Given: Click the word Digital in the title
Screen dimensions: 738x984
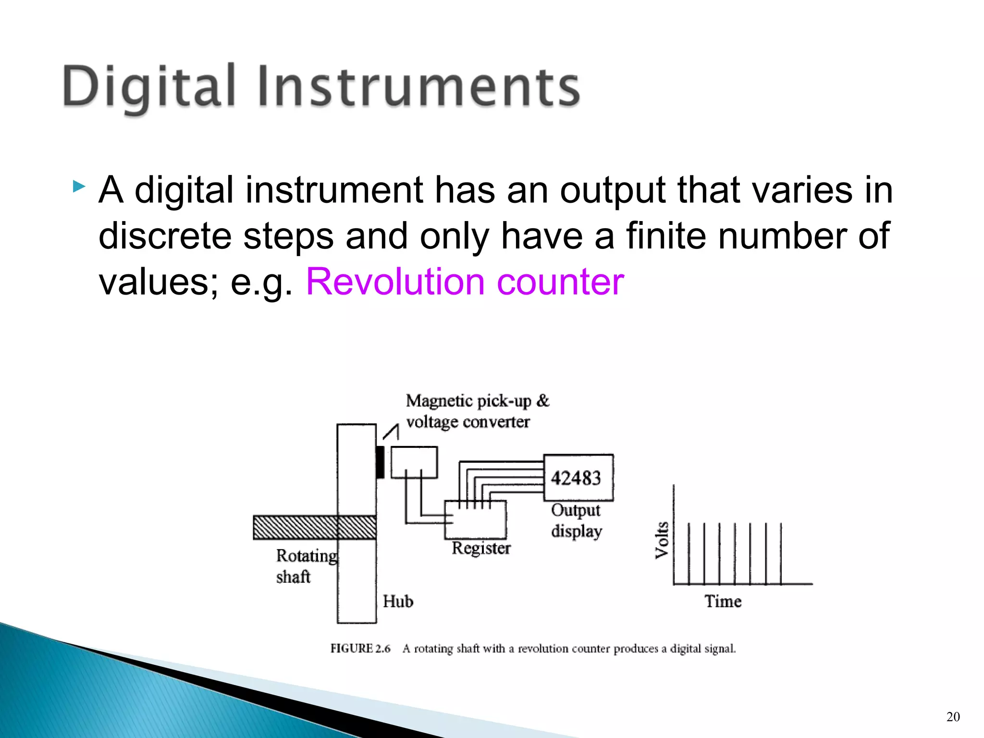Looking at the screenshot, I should (149, 86).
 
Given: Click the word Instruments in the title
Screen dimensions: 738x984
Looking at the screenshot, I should (419, 86).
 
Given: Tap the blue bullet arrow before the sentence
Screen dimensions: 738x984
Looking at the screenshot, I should (79, 186).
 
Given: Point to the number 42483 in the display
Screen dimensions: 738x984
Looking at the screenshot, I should (576, 478).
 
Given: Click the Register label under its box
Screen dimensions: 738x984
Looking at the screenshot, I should (481, 548).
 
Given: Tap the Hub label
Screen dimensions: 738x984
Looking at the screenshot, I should (398, 601).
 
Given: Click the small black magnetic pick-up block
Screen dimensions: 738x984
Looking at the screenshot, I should (380, 462).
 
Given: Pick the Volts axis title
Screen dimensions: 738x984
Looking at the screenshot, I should (662, 540).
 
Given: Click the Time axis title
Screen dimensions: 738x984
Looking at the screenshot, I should (723, 602).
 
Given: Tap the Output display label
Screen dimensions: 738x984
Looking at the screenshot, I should (576, 521).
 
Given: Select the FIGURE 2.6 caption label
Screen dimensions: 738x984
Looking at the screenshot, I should (360, 649).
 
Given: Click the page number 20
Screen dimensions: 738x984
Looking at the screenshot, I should (953, 717).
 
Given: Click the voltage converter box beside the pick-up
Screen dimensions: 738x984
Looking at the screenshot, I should (414, 462).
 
